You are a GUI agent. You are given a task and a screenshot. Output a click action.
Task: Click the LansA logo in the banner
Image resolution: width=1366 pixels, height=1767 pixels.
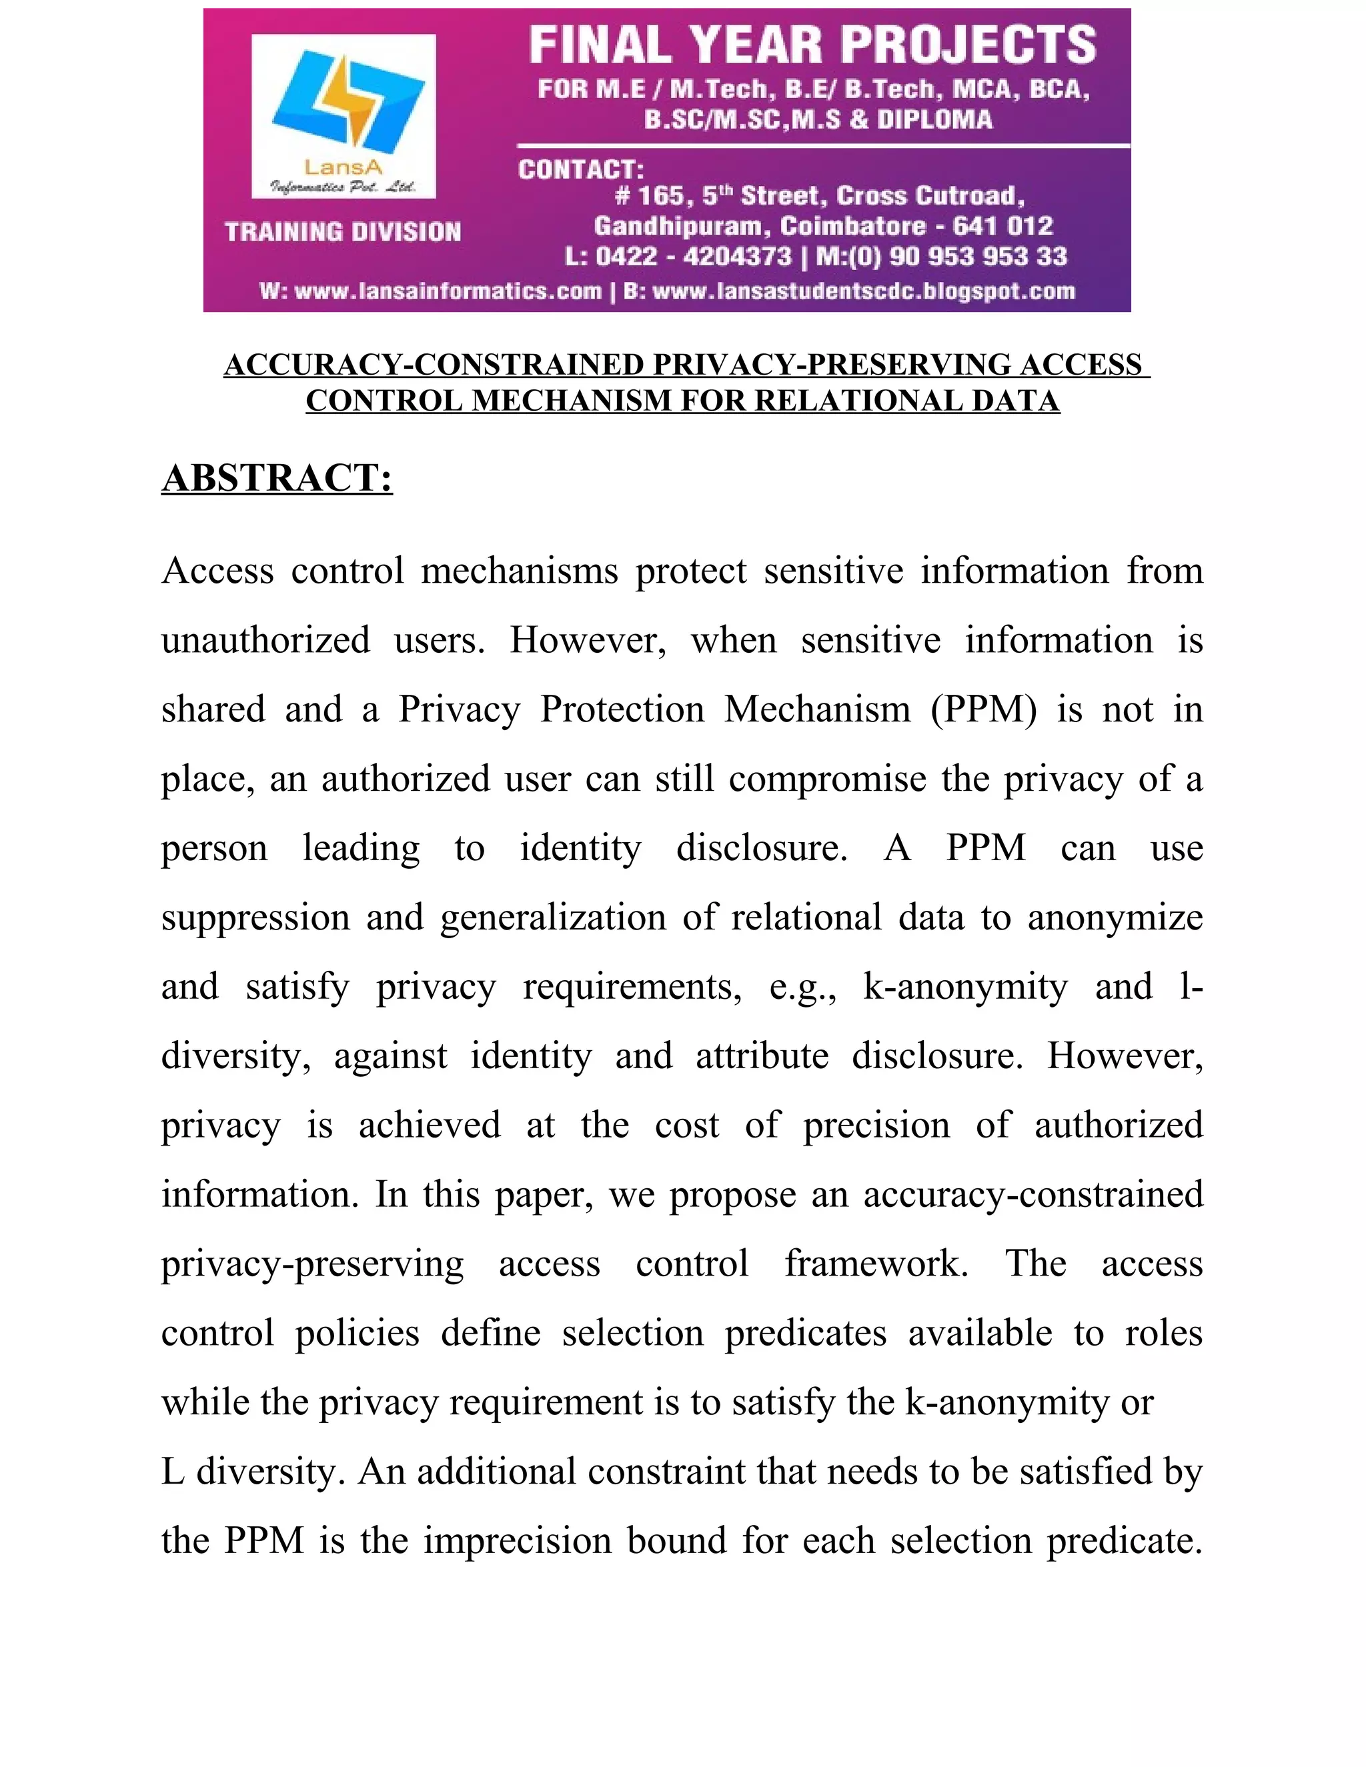(344, 115)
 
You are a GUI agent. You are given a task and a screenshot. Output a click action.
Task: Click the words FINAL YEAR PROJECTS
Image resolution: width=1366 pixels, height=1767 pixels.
(812, 45)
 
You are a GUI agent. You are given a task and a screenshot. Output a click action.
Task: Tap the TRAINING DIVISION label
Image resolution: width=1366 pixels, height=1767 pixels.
(343, 232)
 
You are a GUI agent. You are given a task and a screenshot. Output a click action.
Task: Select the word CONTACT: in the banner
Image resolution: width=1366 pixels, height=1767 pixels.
(581, 170)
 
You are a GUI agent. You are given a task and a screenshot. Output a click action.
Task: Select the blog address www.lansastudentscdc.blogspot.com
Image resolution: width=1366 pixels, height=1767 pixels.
(862, 291)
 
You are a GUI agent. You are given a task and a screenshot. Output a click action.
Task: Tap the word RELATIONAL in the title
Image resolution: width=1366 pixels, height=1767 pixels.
(834, 401)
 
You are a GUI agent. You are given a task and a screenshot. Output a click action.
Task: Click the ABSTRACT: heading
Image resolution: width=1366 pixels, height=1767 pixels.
(277, 477)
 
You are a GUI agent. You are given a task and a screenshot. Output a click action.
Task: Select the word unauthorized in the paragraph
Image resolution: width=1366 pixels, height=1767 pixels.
(265, 640)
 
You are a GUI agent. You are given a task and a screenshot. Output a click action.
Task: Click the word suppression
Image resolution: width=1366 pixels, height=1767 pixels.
(255, 918)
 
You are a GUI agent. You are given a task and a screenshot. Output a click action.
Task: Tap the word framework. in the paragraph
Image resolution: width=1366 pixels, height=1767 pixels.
(876, 1264)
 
